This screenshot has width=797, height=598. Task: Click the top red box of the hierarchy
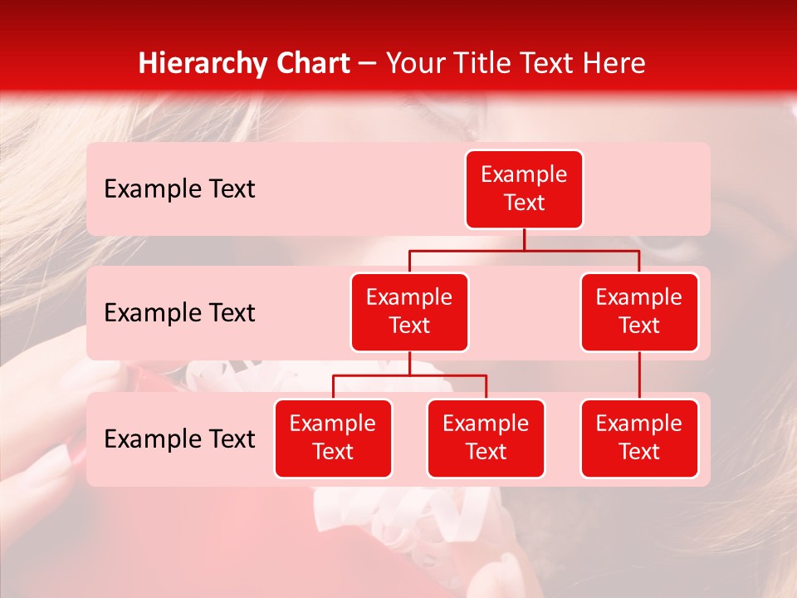[x=524, y=189]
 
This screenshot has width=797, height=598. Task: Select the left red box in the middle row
[x=409, y=312]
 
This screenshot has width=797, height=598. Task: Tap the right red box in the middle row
[x=639, y=312]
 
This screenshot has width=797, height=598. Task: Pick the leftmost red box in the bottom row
[x=333, y=439]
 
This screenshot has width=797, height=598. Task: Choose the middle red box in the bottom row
[x=486, y=439]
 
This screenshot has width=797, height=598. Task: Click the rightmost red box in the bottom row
[x=639, y=439]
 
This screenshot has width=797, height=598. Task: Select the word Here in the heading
[x=614, y=63]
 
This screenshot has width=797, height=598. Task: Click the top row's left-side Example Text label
[x=179, y=189]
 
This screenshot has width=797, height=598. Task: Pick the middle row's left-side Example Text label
[x=179, y=313]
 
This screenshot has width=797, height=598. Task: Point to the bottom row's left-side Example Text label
[x=179, y=439]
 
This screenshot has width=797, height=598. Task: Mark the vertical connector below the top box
[x=524, y=239]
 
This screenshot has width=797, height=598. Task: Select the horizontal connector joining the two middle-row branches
[x=524, y=250]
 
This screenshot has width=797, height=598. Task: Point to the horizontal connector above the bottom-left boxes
[x=409, y=375]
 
